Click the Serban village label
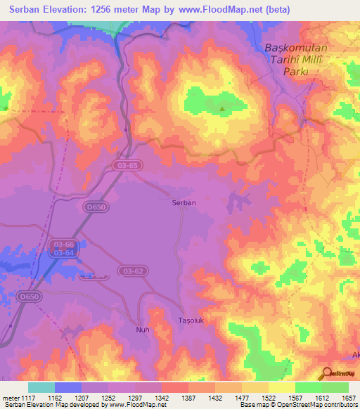pyautogui.click(x=184, y=202)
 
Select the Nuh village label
pyautogui.click(x=143, y=328)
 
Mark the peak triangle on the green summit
pyautogui.click(x=223, y=108)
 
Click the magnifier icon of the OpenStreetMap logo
pyautogui.click(x=326, y=373)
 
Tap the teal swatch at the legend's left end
pyautogui.click(x=41, y=387)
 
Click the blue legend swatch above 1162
pyautogui.click(x=68, y=387)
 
